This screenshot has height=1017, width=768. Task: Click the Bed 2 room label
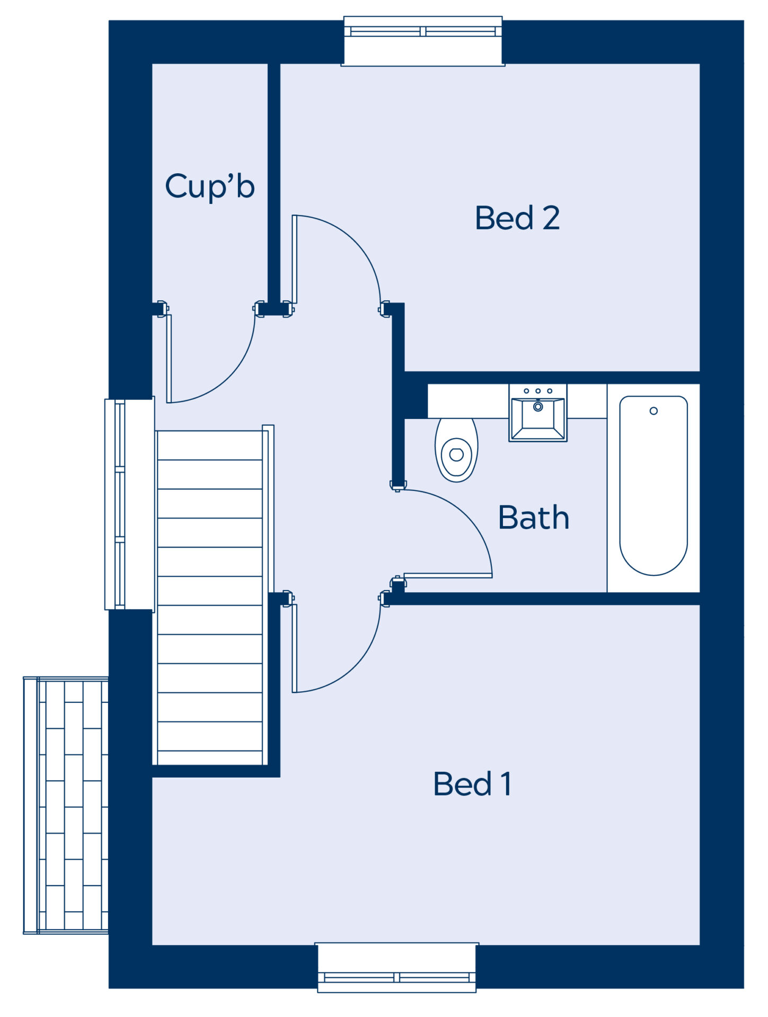517,218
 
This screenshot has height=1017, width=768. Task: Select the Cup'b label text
210,186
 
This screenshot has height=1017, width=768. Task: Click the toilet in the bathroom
456,450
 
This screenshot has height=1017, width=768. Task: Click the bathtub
654,485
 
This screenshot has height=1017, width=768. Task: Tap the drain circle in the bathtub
654,411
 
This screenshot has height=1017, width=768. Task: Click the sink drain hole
538,407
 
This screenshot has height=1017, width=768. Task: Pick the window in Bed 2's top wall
423,41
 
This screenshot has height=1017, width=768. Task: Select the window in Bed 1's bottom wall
397,967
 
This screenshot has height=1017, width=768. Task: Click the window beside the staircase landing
130,504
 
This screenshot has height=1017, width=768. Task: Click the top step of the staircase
210,445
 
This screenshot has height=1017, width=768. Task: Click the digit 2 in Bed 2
551,218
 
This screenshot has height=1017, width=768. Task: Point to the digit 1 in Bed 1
506,784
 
